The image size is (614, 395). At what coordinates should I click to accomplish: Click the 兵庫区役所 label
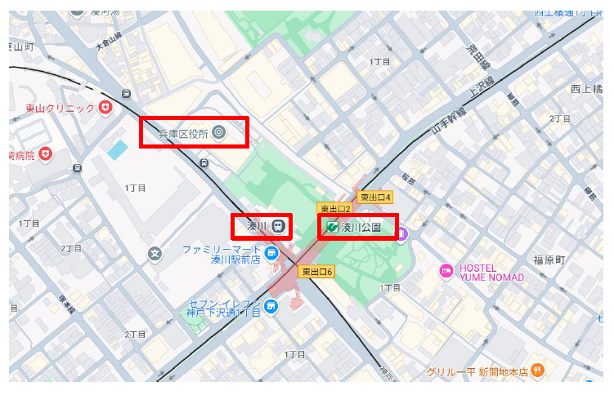[183, 132]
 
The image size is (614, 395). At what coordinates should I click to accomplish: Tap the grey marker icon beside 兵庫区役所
[218, 131]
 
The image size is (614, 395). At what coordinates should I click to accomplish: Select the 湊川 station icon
[280, 225]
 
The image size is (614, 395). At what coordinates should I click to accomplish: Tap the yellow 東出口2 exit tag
[334, 209]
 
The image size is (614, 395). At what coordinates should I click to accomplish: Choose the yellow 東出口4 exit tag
[376, 197]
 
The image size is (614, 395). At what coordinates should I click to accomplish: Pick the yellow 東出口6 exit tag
[317, 272]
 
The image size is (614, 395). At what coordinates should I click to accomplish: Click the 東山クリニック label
[60, 108]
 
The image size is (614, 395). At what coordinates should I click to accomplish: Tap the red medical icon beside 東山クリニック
[105, 107]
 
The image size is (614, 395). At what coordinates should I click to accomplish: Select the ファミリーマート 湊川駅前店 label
[220, 254]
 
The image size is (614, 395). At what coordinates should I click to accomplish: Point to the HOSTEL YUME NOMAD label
[491, 273]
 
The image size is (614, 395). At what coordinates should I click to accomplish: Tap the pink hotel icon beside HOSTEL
[446, 271]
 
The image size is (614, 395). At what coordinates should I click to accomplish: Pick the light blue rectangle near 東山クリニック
[118, 150]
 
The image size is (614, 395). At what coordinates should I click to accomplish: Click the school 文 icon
[155, 253]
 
